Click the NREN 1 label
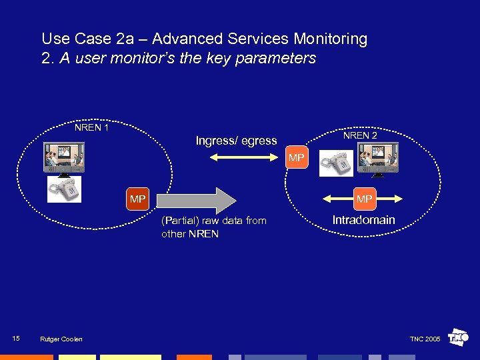click(x=92, y=127)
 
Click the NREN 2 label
click(x=360, y=135)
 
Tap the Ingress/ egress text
click(x=236, y=141)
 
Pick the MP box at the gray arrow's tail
click(x=138, y=199)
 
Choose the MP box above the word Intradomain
click(x=364, y=199)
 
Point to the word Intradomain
click(x=364, y=220)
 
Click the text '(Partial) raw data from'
click(x=213, y=221)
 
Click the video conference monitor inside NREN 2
click(x=378, y=160)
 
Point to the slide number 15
click(x=16, y=339)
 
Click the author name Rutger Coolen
click(x=61, y=339)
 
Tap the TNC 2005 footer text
click(x=425, y=339)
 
